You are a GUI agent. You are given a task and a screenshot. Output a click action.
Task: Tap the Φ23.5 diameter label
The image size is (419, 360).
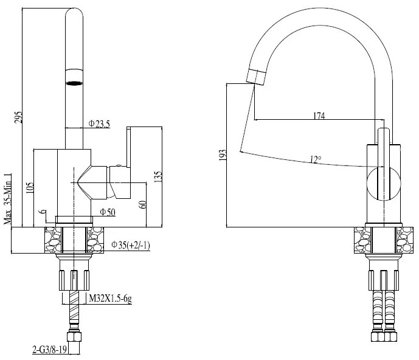(x=99, y=123)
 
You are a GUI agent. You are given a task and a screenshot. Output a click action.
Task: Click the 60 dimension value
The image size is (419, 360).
(x=143, y=204)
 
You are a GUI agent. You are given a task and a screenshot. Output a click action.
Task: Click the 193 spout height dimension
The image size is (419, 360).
(x=222, y=156)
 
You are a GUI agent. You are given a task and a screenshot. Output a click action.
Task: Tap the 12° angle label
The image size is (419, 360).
(x=315, y=159)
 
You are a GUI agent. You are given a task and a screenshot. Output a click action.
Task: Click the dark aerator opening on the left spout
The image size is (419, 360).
(x=74, y=83)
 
